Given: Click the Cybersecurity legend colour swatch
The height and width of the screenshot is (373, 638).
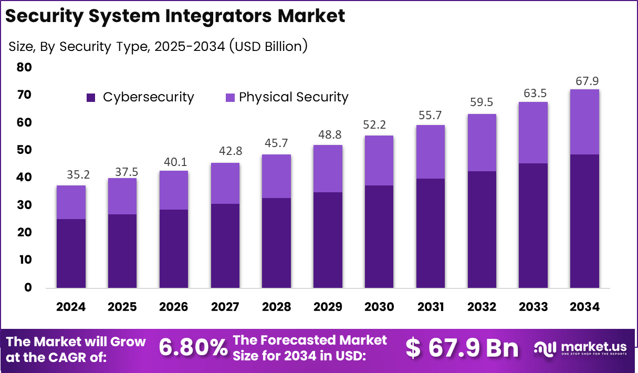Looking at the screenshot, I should click(91, 97).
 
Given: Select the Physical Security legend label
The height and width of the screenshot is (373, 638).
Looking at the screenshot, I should click(294, 97).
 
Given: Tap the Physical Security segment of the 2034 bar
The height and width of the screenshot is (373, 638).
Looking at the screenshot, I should click(584, 122).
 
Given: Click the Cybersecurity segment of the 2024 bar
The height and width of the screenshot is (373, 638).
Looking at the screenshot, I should click(71, 253).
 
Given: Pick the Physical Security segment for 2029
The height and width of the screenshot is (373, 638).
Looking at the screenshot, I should click(328, 169).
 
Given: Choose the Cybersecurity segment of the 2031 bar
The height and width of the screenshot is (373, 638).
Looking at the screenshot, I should click(431, 233).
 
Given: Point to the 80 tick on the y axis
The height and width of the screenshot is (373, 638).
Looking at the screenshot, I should click(24, 67).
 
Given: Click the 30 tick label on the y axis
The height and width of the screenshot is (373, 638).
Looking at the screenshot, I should click(24, 205).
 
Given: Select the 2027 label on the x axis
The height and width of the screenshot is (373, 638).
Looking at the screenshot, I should click(225, 307).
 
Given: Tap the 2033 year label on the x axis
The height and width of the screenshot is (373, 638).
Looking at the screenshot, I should click(533, 307).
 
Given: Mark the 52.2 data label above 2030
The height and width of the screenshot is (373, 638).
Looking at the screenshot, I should click(379, 125).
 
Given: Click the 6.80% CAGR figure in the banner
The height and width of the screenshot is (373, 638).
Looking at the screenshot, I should click(193, 347).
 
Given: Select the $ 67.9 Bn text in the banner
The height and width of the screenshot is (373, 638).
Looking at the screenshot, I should click(462, 347).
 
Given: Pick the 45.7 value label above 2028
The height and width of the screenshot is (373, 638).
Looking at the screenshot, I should click(276, 143).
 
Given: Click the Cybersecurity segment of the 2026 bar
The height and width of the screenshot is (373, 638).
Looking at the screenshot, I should click(173, 248).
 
